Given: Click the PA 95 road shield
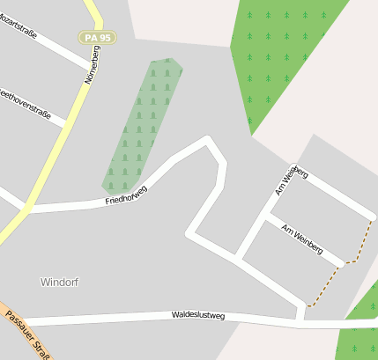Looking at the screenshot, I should (97, 38).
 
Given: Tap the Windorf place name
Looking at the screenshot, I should (59, 282).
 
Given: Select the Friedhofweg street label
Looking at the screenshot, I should (126, 195).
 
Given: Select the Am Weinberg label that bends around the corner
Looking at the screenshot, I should (290, 180).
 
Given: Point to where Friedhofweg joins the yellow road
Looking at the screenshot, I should (26, 210).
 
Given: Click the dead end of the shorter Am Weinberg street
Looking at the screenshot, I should (342, 263).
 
